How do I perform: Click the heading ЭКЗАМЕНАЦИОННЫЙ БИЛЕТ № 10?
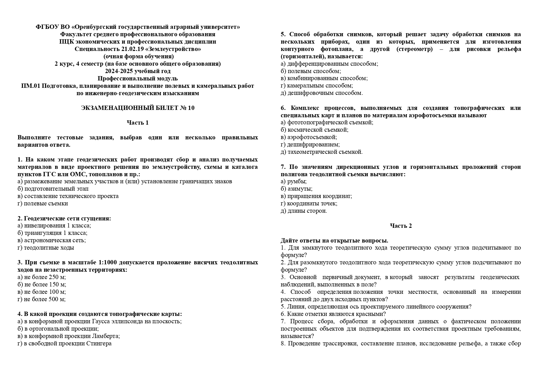coord(138,108)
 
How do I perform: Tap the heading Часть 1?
coord(138,122)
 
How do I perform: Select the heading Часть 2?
coord(401,226)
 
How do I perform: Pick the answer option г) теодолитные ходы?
coord(46,247)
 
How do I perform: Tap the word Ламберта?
coord(107,336)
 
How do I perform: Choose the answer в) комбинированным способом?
coord(324,78)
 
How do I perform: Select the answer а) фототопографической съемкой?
coord(327,122)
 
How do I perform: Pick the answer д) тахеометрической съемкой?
coord(322,152)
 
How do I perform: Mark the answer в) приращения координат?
coord(316,196)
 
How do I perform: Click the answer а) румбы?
coord(294,181)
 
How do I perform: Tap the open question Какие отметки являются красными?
coord(333,314)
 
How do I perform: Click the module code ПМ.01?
coord(30,86)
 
